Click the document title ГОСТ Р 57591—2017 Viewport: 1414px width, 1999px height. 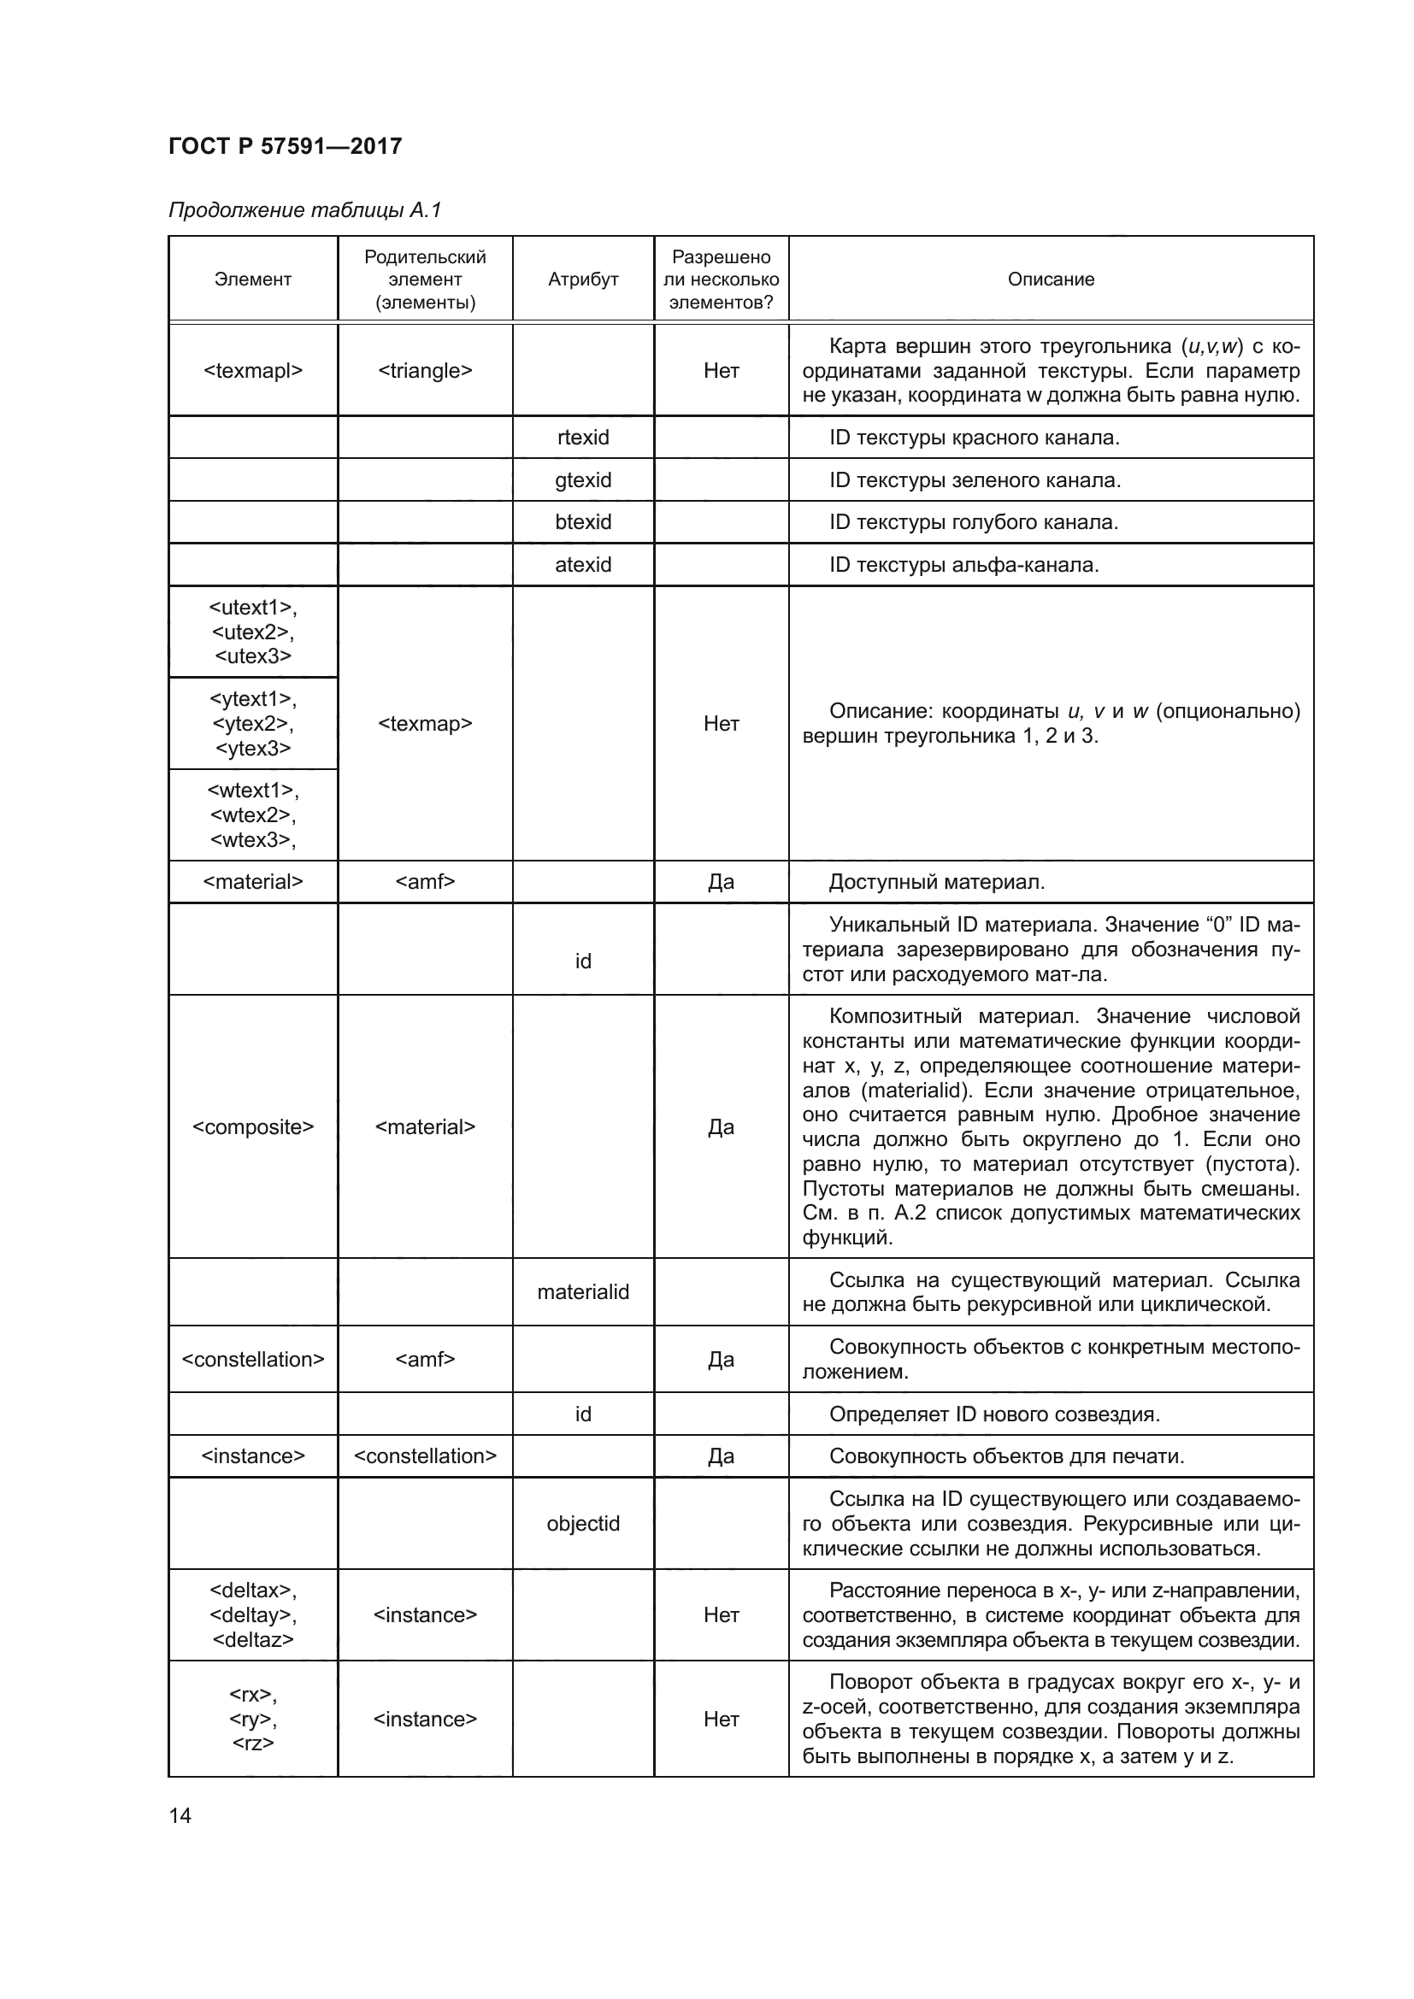[285, 146]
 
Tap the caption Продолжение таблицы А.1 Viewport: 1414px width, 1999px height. [304, 210]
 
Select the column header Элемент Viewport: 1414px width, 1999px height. [252, 279]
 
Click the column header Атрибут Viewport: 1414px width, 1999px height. [582, 279]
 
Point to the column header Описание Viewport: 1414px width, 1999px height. [1050, 279]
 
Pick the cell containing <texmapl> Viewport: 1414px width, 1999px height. [252, 371]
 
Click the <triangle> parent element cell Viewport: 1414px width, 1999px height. [425, 371]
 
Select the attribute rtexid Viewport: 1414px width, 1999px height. [582, 438]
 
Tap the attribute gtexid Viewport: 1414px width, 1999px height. [582, 480]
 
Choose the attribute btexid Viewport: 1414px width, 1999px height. [582, 522]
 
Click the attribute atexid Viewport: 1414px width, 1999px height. [582, 565]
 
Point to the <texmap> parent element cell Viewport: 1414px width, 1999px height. [425, 724]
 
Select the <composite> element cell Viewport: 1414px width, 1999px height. [252, 1127]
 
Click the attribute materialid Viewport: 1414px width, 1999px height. [582, 1292]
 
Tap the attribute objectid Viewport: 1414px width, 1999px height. [582, 1524]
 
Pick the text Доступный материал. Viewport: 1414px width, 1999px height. [936, 882]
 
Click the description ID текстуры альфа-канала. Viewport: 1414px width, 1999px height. [963, 565]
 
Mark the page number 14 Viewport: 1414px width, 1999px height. [180, 1815]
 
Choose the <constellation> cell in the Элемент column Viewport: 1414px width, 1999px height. [252, 1359]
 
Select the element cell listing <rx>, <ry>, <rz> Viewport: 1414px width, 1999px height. [252, 1720]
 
